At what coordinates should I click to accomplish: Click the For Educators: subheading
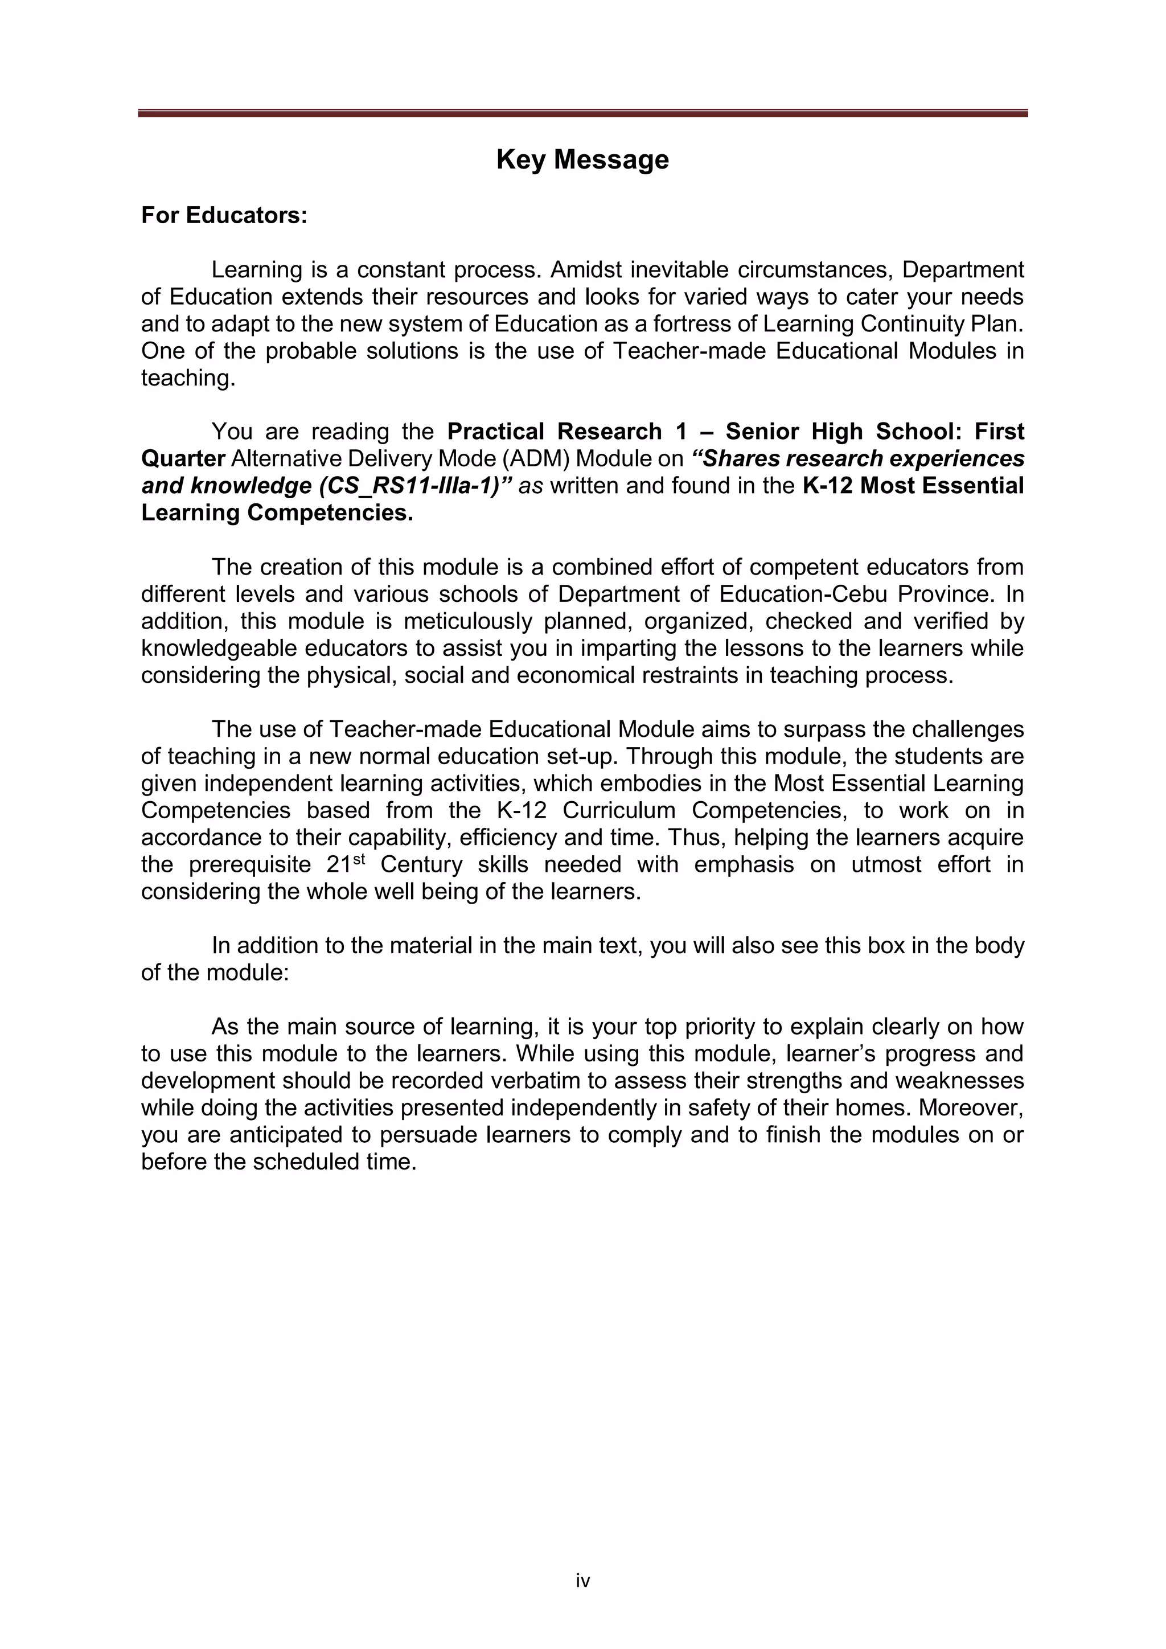tap(224, 215)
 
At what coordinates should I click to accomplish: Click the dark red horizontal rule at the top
tap(582, 113)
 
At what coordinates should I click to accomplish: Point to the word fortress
tap(693, 324)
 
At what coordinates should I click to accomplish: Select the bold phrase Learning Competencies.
tap(277, 513)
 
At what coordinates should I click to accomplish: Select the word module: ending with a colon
tap(248, 973)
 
